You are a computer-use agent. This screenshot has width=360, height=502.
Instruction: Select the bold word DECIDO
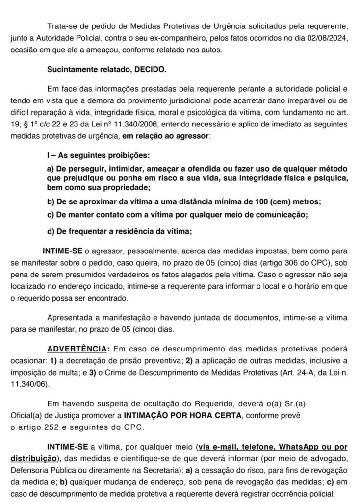(x=150, y=70)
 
